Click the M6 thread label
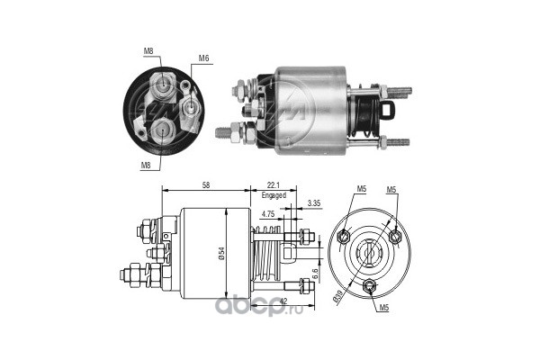tap(205, 59)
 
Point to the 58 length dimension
tap(206, 184)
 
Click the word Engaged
tap(274, 195)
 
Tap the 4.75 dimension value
tap(267, 213)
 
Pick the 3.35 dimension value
tap(314, 203)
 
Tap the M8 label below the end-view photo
tap(145, 165)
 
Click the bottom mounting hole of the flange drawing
tap(370, 287)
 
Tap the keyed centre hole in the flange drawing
tap(369, 253)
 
